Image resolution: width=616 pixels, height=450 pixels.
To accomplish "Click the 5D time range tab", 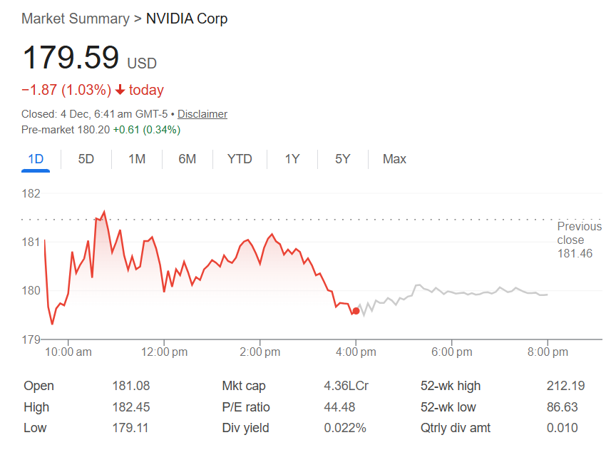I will [x=86, y=159].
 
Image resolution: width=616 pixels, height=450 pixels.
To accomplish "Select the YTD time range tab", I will [x=240, y=159].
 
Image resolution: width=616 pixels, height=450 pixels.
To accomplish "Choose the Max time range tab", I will [x=394, y=159].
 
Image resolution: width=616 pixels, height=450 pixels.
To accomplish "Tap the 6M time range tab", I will [x=188, y=159].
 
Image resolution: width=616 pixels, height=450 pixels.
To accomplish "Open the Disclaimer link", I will [x=202, y=114].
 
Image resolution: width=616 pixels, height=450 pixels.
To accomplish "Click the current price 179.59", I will [x=71, y=58].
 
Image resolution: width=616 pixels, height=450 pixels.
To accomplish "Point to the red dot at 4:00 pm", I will [x=356, y=310].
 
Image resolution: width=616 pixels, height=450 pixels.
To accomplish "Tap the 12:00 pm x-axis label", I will [x=164, y=352].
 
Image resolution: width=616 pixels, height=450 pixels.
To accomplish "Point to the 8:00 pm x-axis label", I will [x=548, y=352].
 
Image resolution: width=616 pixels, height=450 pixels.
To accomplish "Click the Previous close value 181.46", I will [x=575, y=254].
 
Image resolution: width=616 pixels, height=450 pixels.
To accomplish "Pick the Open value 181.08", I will [x=131, y=386].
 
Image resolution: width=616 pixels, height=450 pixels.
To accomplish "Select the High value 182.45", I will [x=131, y=407].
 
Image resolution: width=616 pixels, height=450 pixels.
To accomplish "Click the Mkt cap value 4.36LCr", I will [x=346, y=386].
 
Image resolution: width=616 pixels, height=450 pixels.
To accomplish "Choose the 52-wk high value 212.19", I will [x=565, y=386].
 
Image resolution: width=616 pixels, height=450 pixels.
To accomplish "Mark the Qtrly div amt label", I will [x=456, y=429].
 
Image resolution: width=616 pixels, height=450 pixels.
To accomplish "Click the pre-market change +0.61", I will [x=127, y=130].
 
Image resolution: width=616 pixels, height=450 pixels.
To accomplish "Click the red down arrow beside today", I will [x=120, y=91].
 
